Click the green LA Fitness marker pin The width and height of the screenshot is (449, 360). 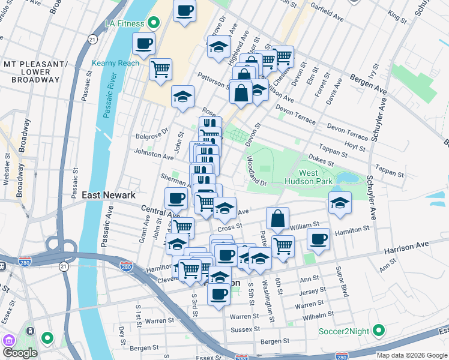pyautogui.click(x=154, y=23)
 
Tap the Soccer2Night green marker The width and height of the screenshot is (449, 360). pyautogui.click(x=379, y=331)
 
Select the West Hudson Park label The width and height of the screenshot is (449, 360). pyautogui.click(x=318, y=177)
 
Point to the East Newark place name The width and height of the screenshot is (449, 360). pyautogui.click(x=109, y=196)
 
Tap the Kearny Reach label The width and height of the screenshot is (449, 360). pyautogui.click(x=115, y=63)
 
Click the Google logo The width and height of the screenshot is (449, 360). pyautogui.click(x=20, y=353)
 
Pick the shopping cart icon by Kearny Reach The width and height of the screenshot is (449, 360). pyautogui.click(x=161, y=70)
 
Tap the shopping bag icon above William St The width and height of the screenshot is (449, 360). pyautogui.click(x=278, y=219)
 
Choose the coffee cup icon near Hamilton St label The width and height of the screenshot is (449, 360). pyautogui.click(x=318, y=239)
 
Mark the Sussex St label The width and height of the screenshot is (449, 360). pyautogui.click(x=245, y=329)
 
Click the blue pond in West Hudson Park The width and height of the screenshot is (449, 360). pyautogui.click(x=346, y=178)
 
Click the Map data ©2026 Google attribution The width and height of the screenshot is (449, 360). pyautogui.click(x=412, y=355)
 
